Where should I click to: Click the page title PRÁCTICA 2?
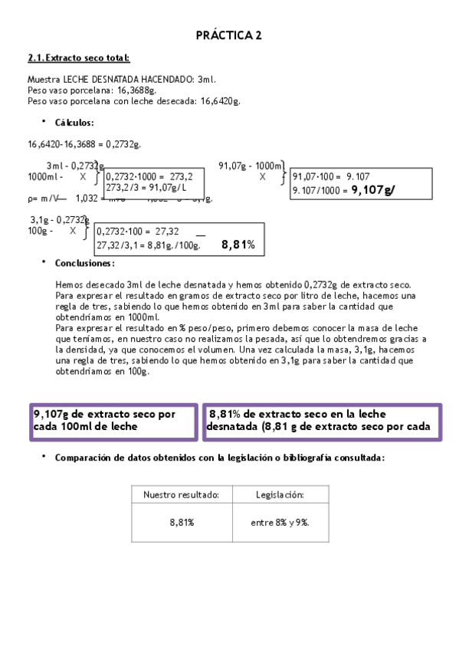click(229, 35)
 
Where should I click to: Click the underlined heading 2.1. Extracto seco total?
click(78, 58)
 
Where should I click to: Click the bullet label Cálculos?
click(74, 123)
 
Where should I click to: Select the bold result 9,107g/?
click(373, 189)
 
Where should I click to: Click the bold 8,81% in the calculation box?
click(238, 245)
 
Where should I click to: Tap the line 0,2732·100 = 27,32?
click(138, 231)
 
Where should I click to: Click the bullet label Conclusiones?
click(84, 263)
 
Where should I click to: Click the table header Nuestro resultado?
click(182, 494)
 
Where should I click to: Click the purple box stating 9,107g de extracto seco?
click(113, 420)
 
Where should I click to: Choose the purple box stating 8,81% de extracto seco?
click(322, 420)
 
